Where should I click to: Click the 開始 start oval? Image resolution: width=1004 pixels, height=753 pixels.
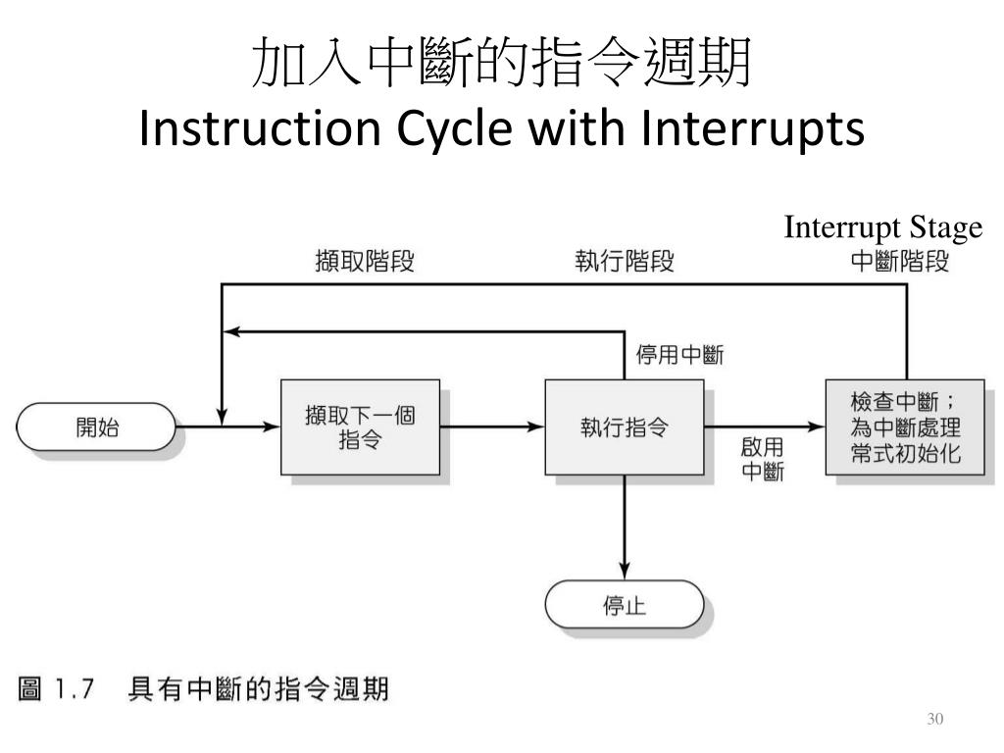[96, 427]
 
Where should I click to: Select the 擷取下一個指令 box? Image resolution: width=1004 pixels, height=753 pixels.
[360, 427]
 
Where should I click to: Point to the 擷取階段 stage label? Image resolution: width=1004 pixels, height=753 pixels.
[365, 263]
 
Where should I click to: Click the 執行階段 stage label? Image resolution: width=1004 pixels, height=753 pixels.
[625, 263]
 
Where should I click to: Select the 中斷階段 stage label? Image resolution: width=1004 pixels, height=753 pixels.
[899, 263]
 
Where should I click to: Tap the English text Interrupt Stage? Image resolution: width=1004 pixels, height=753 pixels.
[882, 228]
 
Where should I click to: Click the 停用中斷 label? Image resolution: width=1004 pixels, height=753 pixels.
[680, 355]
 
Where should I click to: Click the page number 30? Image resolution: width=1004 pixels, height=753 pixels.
[934, 721]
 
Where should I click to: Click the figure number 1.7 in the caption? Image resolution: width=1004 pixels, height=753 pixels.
[74, 690]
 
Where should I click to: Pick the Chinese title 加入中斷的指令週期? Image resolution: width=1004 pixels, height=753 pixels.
[501, 65]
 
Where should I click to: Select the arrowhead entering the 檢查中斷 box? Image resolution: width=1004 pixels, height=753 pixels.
[818, 427]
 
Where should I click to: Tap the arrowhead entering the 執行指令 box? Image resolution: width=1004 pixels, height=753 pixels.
[536, 427]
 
